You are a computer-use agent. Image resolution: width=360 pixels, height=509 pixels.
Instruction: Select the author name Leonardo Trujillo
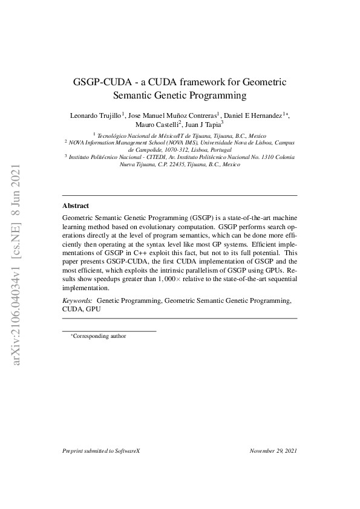point(96,115)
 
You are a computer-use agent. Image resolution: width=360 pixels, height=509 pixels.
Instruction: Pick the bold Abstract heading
point(76,206)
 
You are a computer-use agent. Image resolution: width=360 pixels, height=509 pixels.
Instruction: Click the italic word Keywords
point(77,300)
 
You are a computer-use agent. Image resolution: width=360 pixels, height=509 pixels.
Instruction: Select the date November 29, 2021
point(273,451)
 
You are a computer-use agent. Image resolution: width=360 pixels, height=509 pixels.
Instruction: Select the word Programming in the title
point(217,95)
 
